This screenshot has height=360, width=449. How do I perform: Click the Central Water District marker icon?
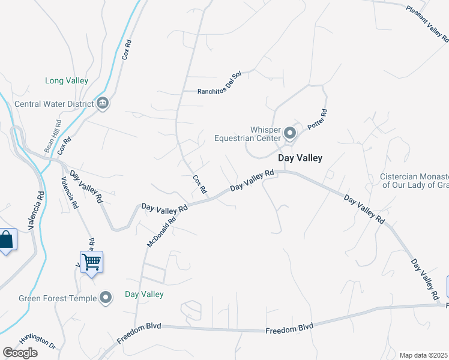pyautogui.click(x=103, y=103)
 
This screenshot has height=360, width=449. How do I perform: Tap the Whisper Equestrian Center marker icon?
pyautogui.click(x=290, y=133)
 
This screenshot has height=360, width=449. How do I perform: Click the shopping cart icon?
pyautogui.click(x=91, y=262)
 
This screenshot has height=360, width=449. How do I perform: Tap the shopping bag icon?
pyautogui.click(x=6, y=240)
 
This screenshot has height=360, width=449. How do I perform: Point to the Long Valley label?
pyautogui.click(x=67, y=80)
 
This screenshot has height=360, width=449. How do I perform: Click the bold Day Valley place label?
pyautogui.click(x=300, y=158)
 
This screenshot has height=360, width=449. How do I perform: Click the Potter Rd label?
pyautogui.click(x=317, y=121)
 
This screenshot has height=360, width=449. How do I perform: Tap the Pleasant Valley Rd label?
pyautogui.click(x=427, y=24)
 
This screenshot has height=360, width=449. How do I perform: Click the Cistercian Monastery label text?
pyautogui.click(x=415, y=181)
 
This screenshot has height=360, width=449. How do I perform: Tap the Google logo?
pyautogui.click(x=20, y=353)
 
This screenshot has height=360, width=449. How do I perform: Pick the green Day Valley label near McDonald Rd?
pyautogui.click(x=144, y=294)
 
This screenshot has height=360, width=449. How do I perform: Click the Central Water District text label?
pyautogui.click(x=54, y=103)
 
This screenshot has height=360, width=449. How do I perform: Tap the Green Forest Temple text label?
pyautogui.click(x=58, y=298)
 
